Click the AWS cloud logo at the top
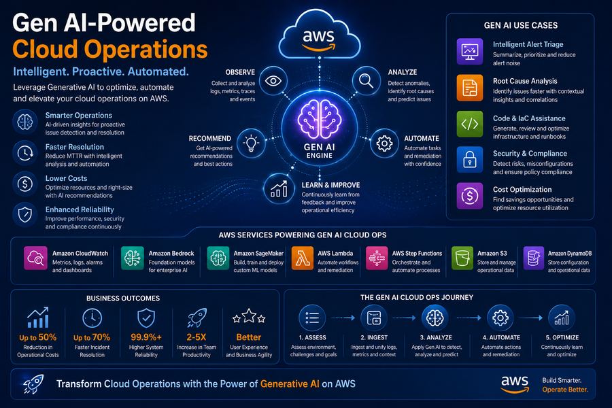pos(320,35)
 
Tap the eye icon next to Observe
pos(273,81)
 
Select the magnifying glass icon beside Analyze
pos(366,81)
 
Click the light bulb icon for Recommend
pos(251,143)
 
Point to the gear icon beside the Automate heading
pos(384,143)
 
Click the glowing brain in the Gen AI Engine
pos(320,119)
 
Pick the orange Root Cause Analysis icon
pos(469,88)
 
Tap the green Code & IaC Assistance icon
pos(469,124)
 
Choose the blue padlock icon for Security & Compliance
pos(469,160)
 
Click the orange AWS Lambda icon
pos(302,258)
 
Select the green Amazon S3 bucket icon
pos(462,258)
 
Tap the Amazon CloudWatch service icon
pos(35,258)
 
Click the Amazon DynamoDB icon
pos(534,258)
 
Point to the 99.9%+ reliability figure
pos(146,337)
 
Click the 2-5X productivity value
pos(197,337)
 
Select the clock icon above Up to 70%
pos(92,318)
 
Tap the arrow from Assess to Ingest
pos(343,318)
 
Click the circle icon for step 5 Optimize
pos(561,318)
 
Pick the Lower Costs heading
pos(67,178)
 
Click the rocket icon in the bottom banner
pos(33,384)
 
